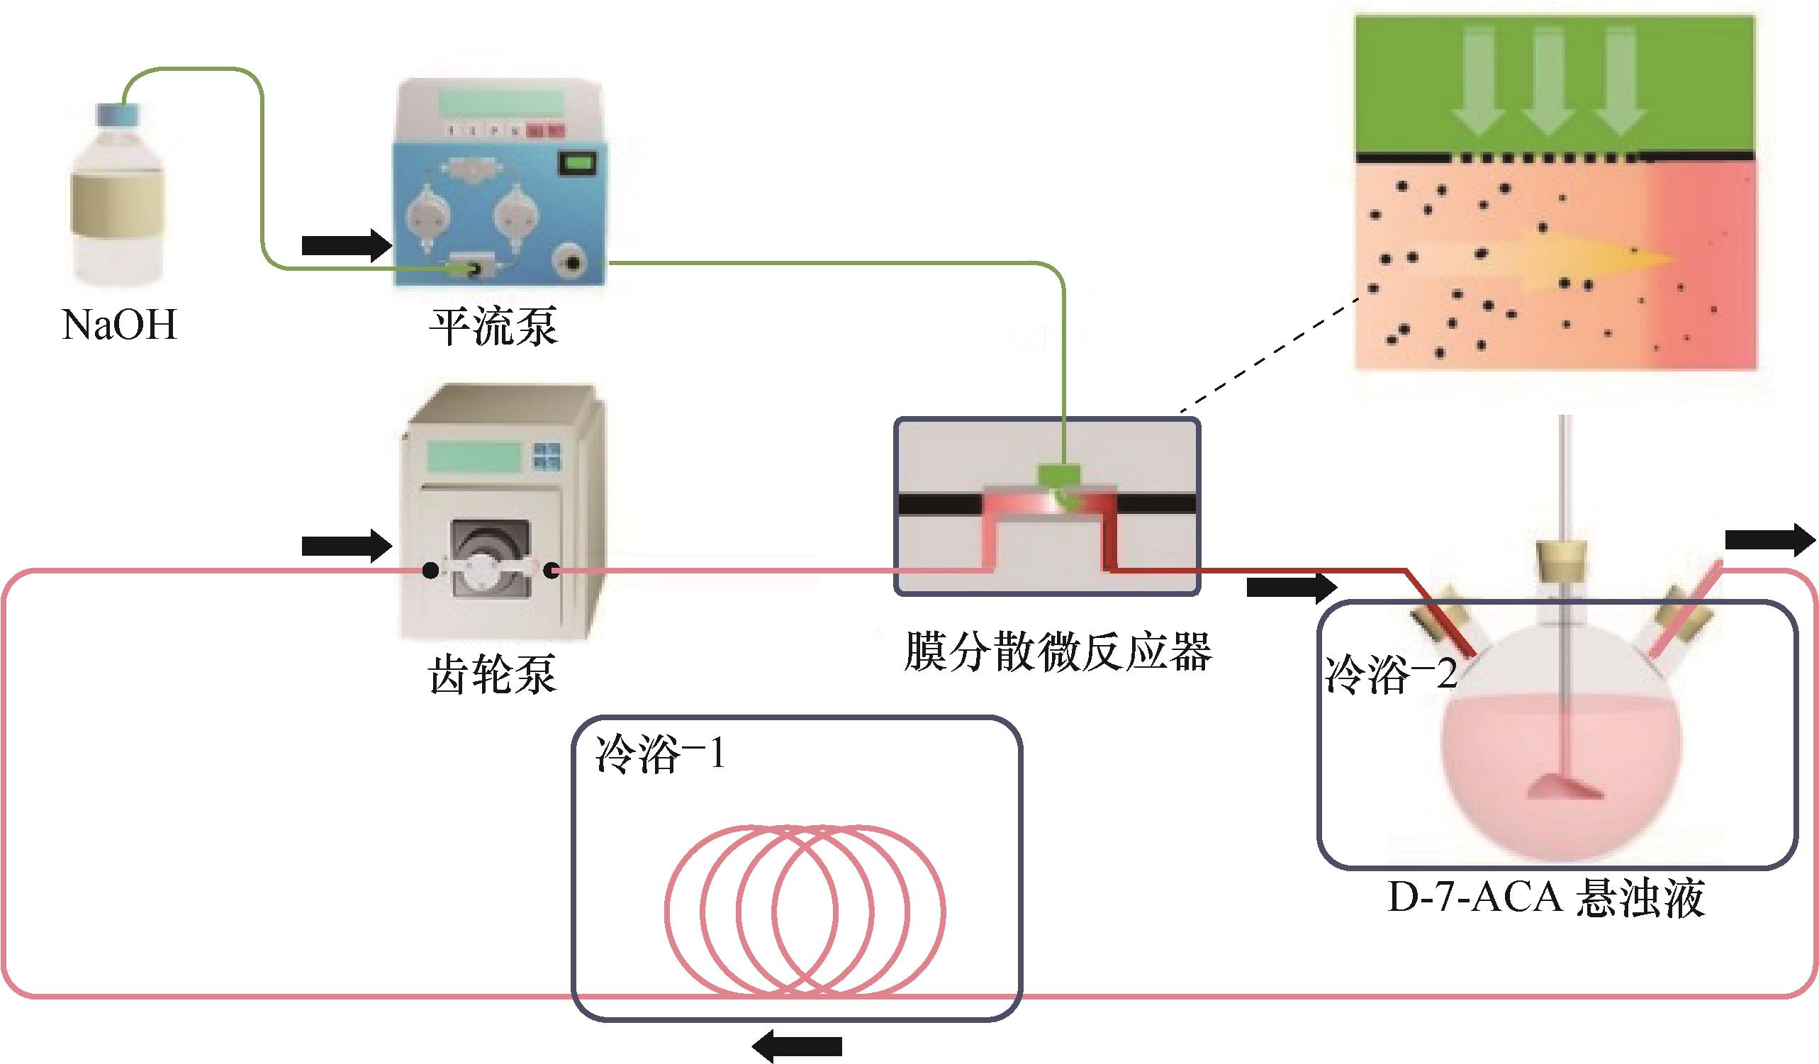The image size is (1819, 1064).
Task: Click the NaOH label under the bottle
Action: [x=120, y=325]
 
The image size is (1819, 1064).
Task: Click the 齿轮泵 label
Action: [x=493, y=675]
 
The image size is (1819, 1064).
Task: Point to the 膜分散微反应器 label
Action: [x=1058, y=652]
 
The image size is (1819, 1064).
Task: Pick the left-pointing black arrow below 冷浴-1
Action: [x=797, y=1046]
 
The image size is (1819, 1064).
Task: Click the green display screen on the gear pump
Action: [x=474, y=457]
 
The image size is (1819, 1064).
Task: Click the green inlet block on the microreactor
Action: [x=1059, y=475]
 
